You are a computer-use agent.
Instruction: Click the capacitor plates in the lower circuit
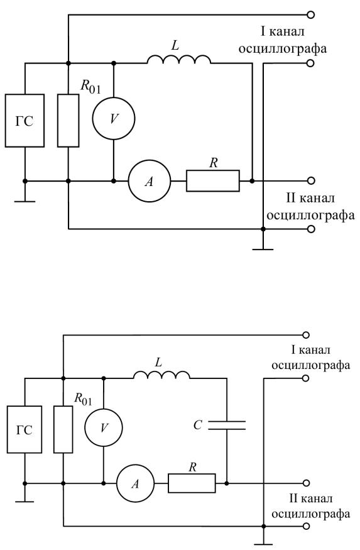[227, 425]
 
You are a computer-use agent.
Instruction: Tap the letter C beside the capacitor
[198, 425]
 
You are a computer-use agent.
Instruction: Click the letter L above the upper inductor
[175, 45]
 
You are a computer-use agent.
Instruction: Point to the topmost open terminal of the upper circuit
[310, 14]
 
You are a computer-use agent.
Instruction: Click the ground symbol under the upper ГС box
[25, 201]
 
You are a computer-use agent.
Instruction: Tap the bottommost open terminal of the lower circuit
[307, 526]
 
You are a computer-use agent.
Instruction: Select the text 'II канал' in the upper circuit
[310, 198]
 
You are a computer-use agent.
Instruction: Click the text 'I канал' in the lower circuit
[310, 349]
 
